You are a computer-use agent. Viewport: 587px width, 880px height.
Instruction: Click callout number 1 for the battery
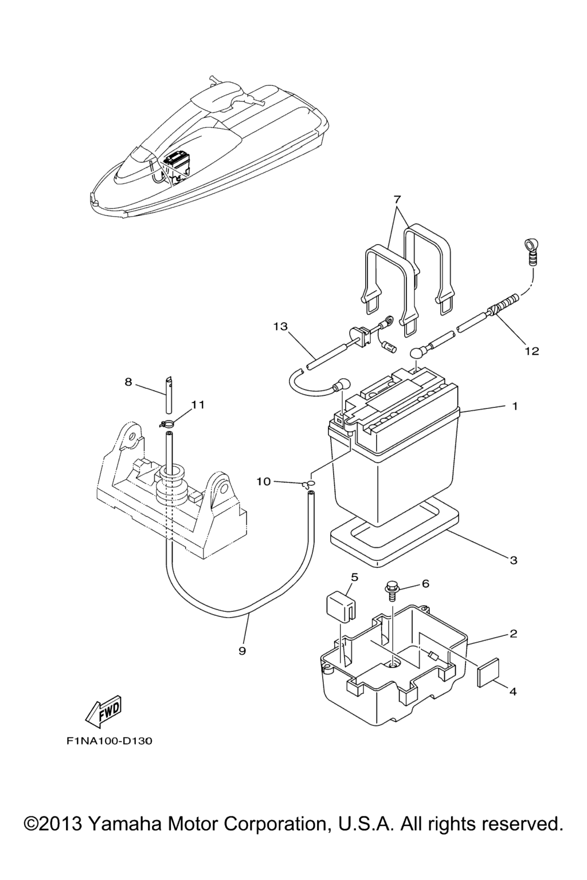coord(515,406)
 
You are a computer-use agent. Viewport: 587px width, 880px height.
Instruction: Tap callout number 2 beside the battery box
coord(514,634)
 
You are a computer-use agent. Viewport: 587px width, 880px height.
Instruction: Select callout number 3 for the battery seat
coord(514,560)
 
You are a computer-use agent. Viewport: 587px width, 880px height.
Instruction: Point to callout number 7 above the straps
coord(397,199)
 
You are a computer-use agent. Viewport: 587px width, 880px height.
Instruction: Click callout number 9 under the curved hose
coord(242,651)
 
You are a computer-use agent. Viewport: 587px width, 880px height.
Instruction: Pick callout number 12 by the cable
coord(532,351)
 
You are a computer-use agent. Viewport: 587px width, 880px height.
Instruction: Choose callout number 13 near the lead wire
coord(280,327)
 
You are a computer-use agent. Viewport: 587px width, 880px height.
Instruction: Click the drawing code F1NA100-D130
coord(109,741)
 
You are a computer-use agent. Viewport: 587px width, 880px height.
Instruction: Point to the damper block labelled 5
coord(337,607)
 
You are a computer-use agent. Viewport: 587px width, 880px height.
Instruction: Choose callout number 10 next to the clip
coord(263,482)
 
